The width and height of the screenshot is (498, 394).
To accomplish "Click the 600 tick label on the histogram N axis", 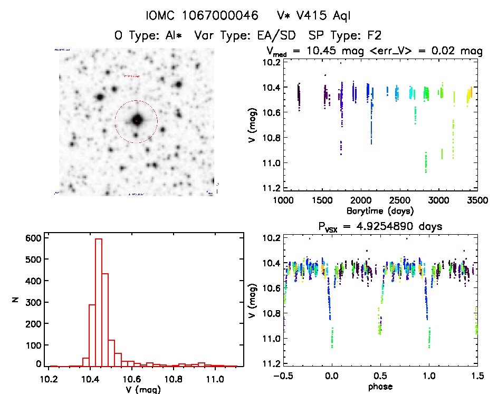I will pos(33,238).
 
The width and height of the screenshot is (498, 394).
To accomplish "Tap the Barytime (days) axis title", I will pos(380,210).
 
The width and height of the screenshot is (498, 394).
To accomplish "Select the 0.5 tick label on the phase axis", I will pos(380,377).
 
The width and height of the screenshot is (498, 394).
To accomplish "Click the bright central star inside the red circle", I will pos(137,120).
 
